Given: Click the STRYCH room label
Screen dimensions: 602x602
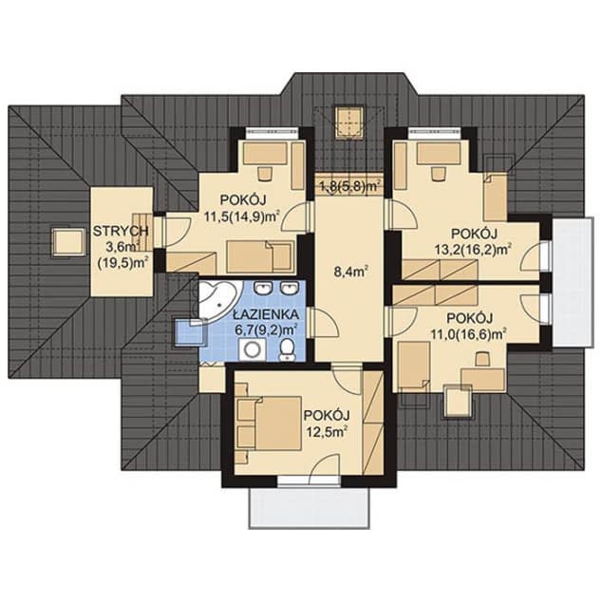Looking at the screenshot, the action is [121, 231].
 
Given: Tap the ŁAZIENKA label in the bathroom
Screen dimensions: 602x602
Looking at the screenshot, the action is [266, 315].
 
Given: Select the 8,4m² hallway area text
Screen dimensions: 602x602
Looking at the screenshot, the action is [351, 273].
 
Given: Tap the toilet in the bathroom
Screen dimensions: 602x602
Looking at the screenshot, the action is [287, 350].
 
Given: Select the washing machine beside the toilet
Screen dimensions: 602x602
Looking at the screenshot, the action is [253, 349].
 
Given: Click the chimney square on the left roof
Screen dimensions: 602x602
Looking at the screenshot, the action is [68, 241].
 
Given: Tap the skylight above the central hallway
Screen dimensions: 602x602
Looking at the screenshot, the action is [349, 122].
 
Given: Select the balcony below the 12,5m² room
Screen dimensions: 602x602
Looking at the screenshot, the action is [310, 508].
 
